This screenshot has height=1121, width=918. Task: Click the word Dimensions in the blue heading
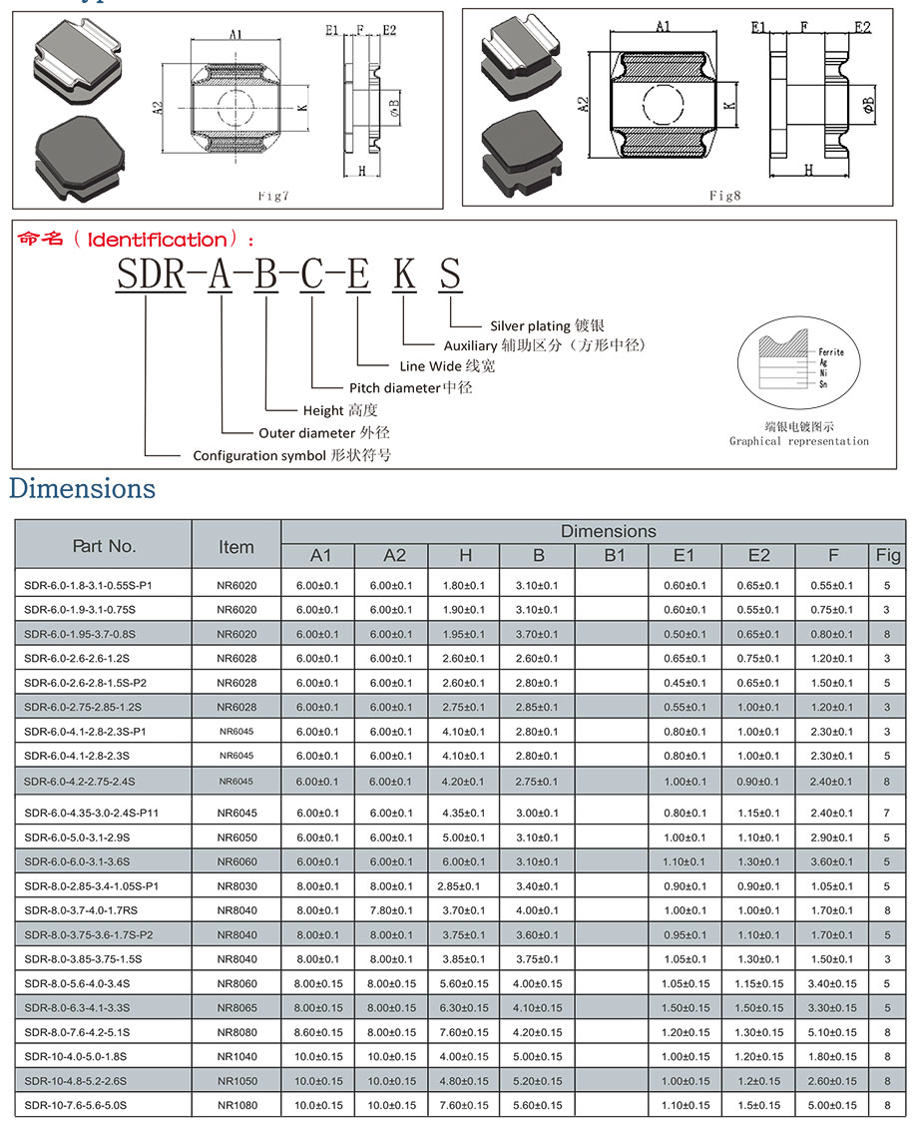click(82, 488)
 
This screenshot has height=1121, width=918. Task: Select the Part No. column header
click(104, 546)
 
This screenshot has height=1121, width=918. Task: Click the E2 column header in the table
click(759, 555)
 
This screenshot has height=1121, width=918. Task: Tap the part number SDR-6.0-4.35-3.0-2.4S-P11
click(92, 814)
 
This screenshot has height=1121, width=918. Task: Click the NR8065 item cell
click(236, 1007)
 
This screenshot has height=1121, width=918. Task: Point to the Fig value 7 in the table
click(887, 814)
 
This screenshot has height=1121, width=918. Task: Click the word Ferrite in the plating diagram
click(831, 352)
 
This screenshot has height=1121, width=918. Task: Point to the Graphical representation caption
click(798, 441)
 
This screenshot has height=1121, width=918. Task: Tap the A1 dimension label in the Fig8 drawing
click(663, 27)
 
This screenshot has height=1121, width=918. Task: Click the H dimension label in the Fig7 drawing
click(361, 171)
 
